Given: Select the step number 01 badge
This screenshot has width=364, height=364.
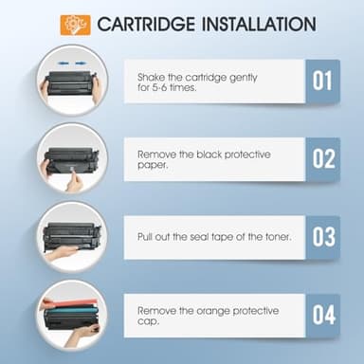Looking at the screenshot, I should [x=324, y=82].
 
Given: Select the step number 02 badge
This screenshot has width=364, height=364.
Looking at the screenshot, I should [x=324, y=158].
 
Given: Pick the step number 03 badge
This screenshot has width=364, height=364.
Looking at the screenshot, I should [x=324, y=235].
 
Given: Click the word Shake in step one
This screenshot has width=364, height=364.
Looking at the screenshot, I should [x=153, y=77].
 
